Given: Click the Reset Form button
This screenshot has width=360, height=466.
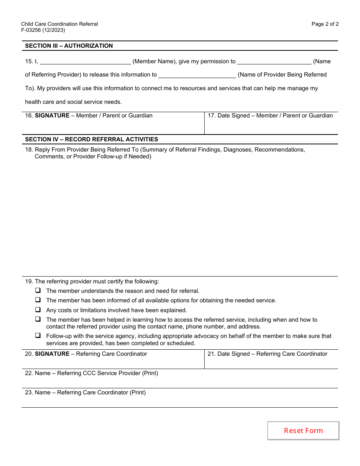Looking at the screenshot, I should point(303,431).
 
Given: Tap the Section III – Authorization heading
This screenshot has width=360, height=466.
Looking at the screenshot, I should point(69,46).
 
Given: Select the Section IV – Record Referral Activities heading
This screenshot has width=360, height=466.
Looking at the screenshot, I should point(91,139).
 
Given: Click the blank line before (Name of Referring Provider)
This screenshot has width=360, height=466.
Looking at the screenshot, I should point(274,62).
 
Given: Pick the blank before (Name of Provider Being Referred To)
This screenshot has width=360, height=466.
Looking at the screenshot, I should point(197,75).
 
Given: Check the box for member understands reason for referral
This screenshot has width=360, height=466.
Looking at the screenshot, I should point(38,291).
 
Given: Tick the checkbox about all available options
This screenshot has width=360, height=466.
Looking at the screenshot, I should point(38,300).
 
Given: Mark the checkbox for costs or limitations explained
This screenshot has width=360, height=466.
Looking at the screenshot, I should point(38,310).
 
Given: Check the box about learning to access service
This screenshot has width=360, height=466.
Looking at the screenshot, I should point(38,319).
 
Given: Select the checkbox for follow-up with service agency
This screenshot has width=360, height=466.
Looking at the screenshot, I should point(38,336).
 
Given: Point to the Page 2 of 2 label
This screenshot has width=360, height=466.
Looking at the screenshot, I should point(325,24).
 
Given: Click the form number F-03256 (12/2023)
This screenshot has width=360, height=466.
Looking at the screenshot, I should point(43,30).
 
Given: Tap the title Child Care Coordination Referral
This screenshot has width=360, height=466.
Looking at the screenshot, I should point(59,24).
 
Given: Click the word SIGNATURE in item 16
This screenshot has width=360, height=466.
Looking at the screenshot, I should point(52,116).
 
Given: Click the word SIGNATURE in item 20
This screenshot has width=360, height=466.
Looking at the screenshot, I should point(52,354).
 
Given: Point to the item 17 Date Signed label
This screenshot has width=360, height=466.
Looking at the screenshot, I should point(270,116).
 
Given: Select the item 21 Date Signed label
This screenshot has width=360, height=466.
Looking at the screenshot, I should point(267,354).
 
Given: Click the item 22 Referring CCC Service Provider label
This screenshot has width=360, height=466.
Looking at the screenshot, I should point(91,373).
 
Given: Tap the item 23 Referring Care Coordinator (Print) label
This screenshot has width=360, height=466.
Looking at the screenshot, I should point(85,393).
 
